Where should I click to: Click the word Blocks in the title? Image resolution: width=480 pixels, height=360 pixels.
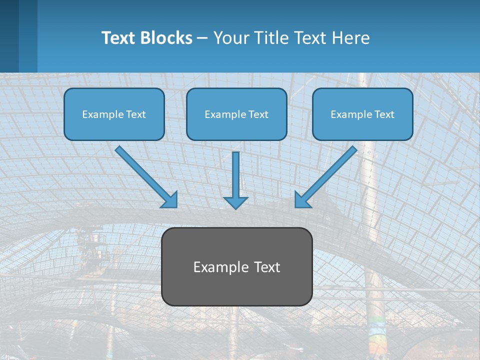[167, 38]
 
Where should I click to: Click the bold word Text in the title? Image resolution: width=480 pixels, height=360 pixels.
[120, 38]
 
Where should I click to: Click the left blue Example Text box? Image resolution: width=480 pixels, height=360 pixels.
[114, 114]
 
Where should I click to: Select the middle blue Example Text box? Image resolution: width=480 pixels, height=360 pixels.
[236, 114]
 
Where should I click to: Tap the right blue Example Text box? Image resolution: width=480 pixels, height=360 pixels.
[362, 114]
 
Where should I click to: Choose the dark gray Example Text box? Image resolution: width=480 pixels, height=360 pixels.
[236, 266]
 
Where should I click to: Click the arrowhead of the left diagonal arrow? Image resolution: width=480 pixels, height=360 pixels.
[170, 200]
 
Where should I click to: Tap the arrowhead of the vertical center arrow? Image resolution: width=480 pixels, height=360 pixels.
[235, 202]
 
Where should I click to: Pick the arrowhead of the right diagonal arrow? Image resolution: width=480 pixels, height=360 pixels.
[302, 200]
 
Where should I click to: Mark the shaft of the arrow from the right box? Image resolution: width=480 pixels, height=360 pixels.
[330, 172]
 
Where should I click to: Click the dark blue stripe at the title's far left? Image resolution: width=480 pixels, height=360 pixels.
[9, 36]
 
